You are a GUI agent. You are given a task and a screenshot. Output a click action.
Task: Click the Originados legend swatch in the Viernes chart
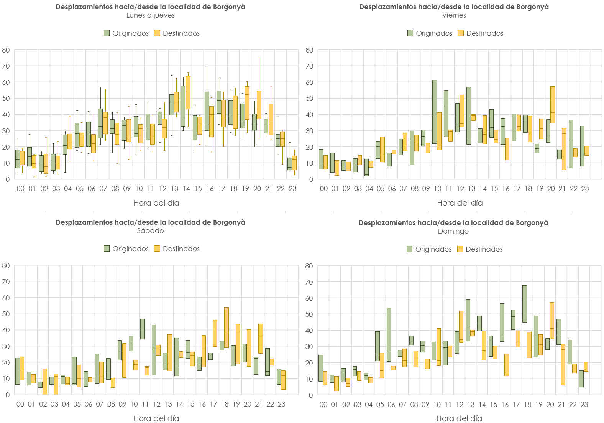[410, 33]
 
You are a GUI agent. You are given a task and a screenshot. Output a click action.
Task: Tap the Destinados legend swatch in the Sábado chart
[157, 249]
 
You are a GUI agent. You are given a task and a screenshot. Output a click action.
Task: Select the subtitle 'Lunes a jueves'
[151, 15]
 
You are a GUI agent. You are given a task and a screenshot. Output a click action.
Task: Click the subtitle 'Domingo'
[453, 231]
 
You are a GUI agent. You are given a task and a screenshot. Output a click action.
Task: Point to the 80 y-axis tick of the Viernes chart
[309, 50]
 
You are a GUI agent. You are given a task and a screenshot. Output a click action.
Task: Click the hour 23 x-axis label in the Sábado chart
[282, 404]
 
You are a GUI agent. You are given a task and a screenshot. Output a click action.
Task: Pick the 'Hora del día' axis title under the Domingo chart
[459, 418]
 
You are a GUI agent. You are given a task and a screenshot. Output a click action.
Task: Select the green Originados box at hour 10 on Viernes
[435, 112]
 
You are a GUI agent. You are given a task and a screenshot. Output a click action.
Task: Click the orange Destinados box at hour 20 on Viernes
[553, 105]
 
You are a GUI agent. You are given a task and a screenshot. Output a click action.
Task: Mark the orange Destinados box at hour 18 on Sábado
[226, 328]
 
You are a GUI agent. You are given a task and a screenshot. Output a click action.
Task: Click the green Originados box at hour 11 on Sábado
[143, 329]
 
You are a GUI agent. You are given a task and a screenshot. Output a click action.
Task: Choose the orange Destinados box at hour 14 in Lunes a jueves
[188, 92]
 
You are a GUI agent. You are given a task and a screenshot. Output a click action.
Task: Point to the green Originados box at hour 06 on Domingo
[389, 334]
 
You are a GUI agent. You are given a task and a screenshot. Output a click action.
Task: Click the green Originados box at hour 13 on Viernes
[469, 115]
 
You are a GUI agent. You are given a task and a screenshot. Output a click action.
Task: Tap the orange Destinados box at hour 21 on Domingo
[563, 365]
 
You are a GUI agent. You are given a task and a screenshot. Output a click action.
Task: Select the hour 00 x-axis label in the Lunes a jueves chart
[20, 189]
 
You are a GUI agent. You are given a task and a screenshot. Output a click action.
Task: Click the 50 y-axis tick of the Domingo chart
[309, 314]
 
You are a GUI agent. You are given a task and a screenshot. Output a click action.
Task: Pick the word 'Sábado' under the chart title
[151, 231]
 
